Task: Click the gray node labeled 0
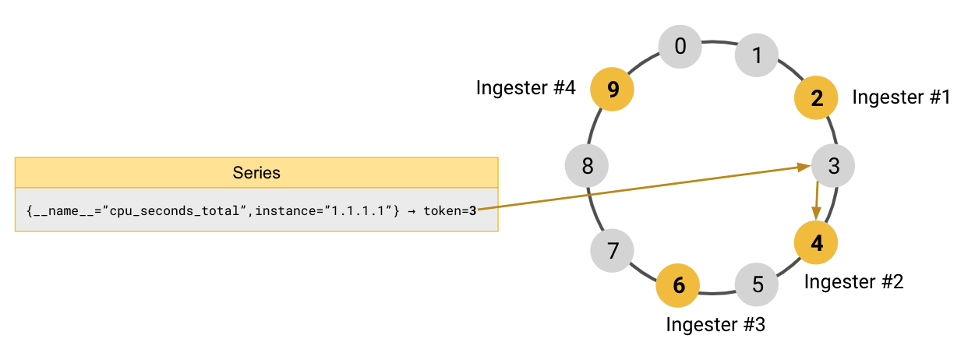(680, 47)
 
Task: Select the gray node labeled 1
(757, 55)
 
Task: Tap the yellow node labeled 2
(816, 98)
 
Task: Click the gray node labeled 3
(833, 166)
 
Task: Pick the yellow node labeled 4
(816, 242)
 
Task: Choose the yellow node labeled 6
(679, 285)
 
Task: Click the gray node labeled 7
(613, 251)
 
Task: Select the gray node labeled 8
(587, 166)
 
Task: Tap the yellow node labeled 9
(613, 90)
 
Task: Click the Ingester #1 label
(901, 97)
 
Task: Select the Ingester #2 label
(853, 281)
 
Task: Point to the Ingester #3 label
(715, 324)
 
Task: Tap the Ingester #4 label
(525, 88)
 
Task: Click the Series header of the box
(256, 172)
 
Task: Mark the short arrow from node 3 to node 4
(816, 201)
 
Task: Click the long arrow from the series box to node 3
(639, 188)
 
